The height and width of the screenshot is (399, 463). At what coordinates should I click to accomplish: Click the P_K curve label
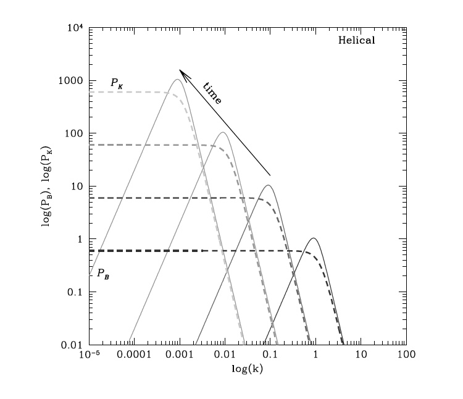click(116, 82)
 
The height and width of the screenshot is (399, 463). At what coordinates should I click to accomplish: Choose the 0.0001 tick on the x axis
click(135, 356)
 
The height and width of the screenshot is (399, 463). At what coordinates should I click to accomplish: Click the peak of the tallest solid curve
click(178, 79)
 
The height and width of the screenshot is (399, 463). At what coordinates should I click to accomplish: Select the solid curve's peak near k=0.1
click(269, 185)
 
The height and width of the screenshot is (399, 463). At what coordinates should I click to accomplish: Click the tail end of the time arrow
click(270, 175)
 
